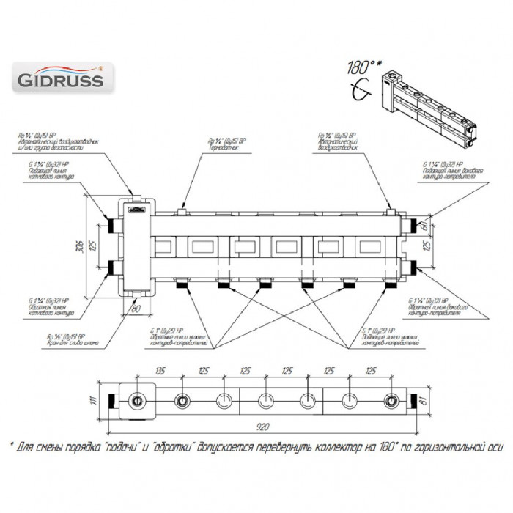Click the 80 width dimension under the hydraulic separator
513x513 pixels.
pyautogui.click(x=135, y=308)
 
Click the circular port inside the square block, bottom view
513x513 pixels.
pyautogui.click(x=136, y=400)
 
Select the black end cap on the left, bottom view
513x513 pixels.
pyautogui.click(x=112, y=400)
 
